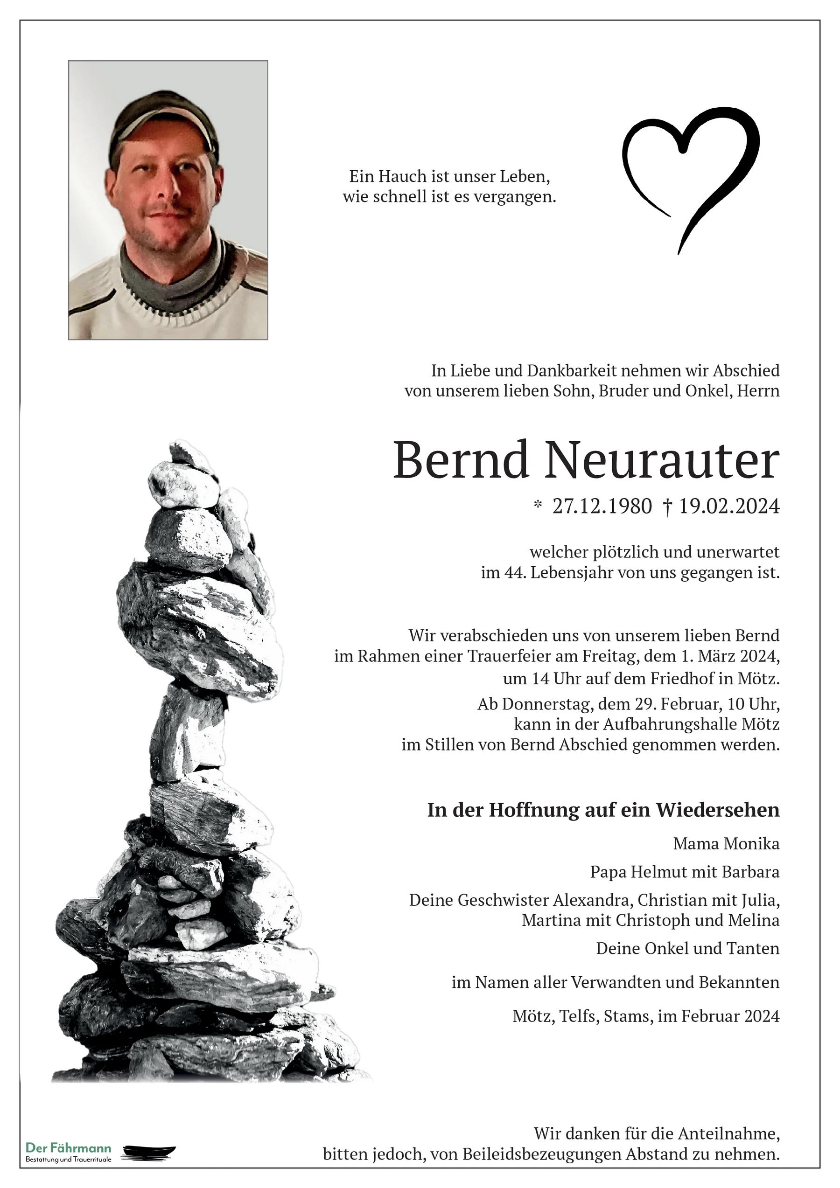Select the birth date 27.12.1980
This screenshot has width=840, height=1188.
(x=602, y=507)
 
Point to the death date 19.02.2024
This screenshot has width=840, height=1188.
(x=729, y=507)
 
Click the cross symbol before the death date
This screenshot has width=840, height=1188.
(x=667, y=507)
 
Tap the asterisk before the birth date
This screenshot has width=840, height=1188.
(x=538, y=505)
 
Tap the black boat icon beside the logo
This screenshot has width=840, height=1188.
(x=149, y=1152)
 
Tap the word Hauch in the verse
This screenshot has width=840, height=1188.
(x=401, y=176)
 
